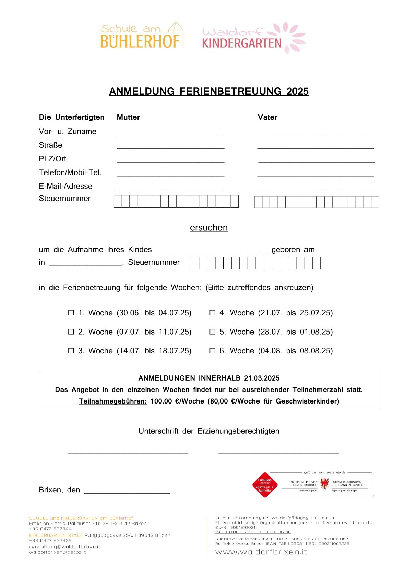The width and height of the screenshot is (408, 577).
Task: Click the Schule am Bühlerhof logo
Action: [x=142, y=35]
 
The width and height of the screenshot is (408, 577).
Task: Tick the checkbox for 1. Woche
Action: [x=71, y=313]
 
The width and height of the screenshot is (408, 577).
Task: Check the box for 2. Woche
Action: [x=71, y=332]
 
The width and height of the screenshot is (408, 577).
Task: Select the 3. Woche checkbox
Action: [x=71, y=351]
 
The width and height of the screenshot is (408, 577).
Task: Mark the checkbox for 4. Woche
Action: [x=212, y=313]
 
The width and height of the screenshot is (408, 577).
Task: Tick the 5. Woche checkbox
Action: [x=212, y=332]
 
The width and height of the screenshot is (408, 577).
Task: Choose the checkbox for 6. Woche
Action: [x=212, y=351]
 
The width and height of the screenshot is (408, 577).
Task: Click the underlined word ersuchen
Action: [x=208, y=228]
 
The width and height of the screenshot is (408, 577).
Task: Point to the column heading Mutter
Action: [x=128, y=117]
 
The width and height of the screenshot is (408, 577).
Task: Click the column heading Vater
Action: [x=267, y=117]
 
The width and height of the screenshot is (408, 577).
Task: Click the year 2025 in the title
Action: [x=297, y=92]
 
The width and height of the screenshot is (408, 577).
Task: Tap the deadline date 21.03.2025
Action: [x=262, y=378]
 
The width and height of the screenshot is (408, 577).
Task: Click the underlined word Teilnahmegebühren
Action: [x=113, y=401]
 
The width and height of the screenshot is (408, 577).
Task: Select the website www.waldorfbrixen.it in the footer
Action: [x=261, y=552]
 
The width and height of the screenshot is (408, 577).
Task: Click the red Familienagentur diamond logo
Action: [x=265, y=485]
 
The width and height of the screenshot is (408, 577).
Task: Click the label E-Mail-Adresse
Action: [x=65, y=186]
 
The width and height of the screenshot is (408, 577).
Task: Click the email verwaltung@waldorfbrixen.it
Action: [x=64, y=546]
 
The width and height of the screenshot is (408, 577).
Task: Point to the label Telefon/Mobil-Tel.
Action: [x=70, y=172]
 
